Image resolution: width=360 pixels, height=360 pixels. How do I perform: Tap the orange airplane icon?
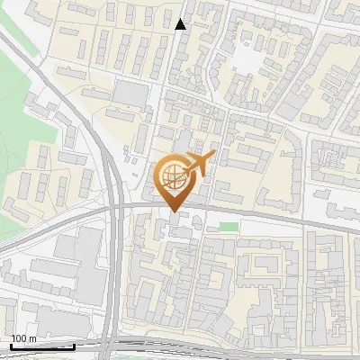click(x=202, y=163)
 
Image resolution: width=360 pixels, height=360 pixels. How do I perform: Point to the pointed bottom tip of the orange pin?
click(x=173, y=212)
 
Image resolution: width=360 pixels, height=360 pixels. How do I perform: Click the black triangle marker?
click(x=181, y=24)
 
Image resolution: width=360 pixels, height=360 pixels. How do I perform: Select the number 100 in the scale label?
click(x=21, y=339)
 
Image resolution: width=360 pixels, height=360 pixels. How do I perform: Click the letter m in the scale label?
click(x=34, y=339)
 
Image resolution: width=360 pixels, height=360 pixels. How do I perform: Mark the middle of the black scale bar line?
click(x=42, y=346)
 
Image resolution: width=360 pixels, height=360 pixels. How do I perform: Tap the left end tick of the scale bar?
click(x=11, y=346)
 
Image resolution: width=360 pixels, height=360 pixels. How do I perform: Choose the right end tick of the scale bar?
click(x=75, y=346)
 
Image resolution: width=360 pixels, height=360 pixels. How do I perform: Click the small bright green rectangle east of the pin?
click(x=229, y=225)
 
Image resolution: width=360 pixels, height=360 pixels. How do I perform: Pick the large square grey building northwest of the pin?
click(x=130, y=94)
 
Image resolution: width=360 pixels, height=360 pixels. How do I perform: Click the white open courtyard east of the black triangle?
click(x=246, y=59)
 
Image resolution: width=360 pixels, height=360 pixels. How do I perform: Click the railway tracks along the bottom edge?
click(x=225, y=354)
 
